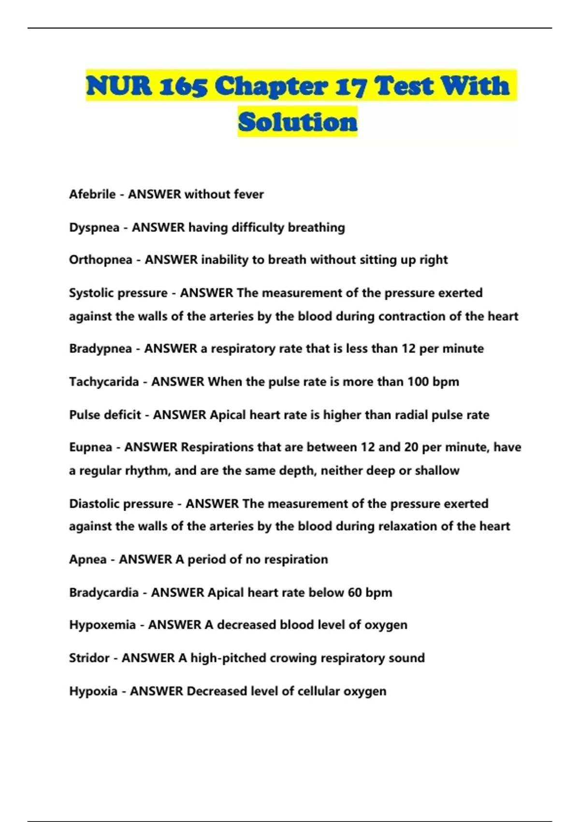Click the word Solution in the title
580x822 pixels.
(298, 121)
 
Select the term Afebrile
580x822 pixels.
(92, 194)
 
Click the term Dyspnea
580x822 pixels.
(94, 228)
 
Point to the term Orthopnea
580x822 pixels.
(101, 260)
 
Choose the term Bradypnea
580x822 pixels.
(100, 349)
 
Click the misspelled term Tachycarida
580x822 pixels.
(104, 382)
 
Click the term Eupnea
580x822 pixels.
(90, 447)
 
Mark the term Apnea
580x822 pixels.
(87, 559)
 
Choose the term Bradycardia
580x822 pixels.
(103, 593)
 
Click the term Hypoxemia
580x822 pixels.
(102, 625)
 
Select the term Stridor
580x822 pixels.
(89, 658)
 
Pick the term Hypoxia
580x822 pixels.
(93, 691)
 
